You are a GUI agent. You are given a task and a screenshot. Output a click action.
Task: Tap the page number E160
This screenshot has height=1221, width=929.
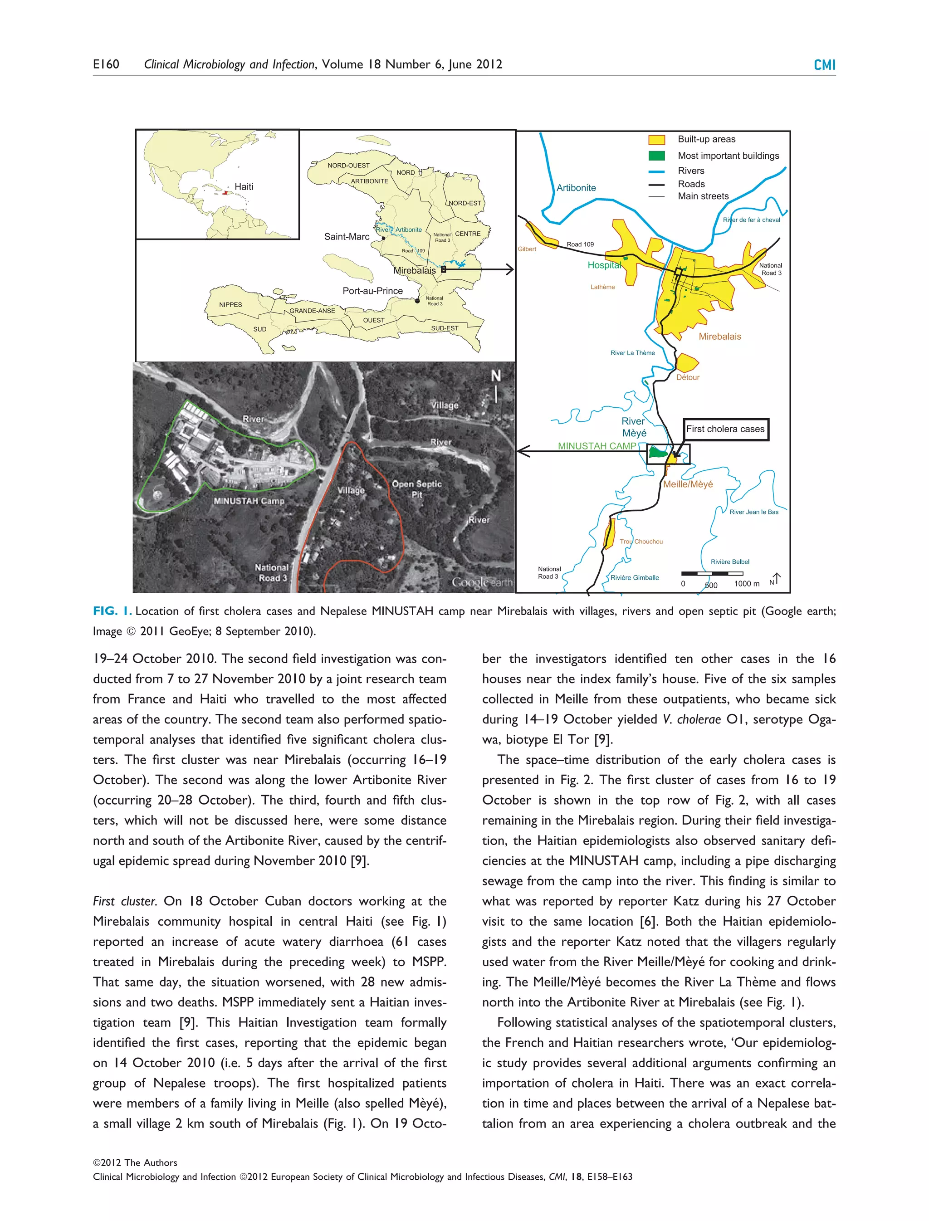[106, 64]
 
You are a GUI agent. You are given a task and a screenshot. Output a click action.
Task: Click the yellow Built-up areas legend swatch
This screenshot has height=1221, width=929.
[656, 139]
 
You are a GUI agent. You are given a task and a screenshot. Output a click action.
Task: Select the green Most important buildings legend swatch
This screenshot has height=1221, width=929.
[656, 156]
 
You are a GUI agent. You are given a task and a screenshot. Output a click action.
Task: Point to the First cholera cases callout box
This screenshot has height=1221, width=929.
[725, 429]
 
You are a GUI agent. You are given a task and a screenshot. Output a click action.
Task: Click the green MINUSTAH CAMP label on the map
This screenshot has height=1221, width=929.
[597, 446]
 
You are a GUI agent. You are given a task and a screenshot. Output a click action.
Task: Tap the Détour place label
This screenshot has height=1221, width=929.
[688, 377]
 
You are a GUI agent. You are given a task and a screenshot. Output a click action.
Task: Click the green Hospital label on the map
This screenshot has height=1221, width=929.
[604, 265]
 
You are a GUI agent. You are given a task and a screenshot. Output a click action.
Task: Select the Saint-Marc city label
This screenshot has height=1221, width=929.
[347, 237]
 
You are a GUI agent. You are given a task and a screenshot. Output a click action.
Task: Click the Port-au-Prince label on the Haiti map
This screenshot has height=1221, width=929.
[373, 291]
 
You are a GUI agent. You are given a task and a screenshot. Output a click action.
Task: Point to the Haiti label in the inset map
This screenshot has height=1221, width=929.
[244, 187]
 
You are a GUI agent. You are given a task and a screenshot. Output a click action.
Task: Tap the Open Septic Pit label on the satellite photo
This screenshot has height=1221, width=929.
[417, 489]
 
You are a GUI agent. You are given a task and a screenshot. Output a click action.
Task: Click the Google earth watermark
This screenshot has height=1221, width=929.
[482, 582]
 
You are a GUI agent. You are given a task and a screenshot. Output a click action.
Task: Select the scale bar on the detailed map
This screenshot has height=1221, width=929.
[712, 574]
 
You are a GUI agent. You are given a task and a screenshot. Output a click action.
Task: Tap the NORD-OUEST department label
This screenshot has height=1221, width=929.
[348, 166]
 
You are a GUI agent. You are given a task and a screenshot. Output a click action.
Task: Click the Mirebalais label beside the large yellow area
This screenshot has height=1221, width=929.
[720, 336]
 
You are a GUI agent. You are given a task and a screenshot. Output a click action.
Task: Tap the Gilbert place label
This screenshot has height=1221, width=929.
[527, 249]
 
